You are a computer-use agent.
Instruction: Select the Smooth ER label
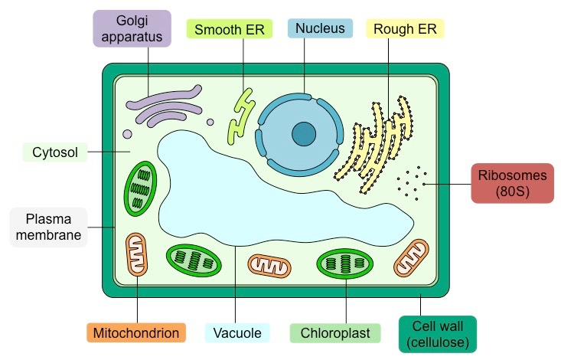tap(229, 29)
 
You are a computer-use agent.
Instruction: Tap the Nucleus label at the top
tap(319, 29)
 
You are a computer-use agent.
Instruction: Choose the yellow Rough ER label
tap(405, 29)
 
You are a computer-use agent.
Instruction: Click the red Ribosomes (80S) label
tap(512, 183)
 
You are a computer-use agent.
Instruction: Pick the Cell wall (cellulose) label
tap(437, 334)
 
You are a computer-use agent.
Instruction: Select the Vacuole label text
tap(238, 333)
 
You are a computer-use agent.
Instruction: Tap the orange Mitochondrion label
tap(136, 333)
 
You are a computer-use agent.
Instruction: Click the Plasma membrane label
tap(48, 227)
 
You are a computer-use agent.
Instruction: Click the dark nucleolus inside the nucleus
tap(304, 134)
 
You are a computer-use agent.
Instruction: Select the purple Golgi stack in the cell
tap(165, 105)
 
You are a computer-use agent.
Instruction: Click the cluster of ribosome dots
tap(412, 182)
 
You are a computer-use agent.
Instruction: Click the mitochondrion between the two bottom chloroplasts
tap(269, 265)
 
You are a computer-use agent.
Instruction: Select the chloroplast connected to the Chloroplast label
tap(345, 263)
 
